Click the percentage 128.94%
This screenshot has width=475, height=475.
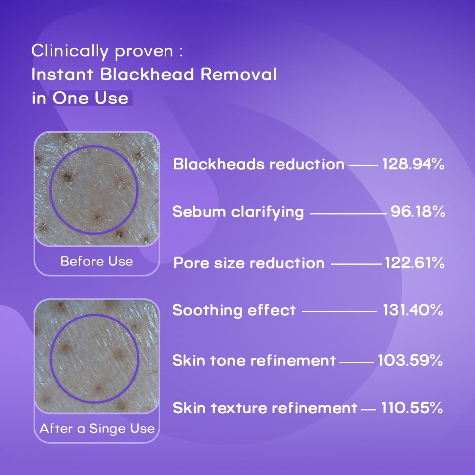413,164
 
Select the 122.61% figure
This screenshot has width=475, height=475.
414,263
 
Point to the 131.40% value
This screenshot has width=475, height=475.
413,310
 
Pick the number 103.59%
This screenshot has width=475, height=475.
410,360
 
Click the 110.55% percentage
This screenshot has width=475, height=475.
412,408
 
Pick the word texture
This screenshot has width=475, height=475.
239,408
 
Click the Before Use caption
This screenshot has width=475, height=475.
97,261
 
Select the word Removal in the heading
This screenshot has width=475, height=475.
239,74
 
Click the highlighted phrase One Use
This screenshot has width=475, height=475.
90,98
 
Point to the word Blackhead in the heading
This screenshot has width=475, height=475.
147,74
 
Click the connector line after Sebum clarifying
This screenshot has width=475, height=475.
348,214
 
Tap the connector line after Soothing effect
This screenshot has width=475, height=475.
340,312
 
